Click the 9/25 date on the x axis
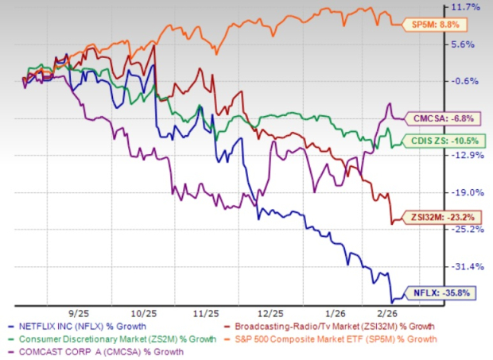coord(60,313)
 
